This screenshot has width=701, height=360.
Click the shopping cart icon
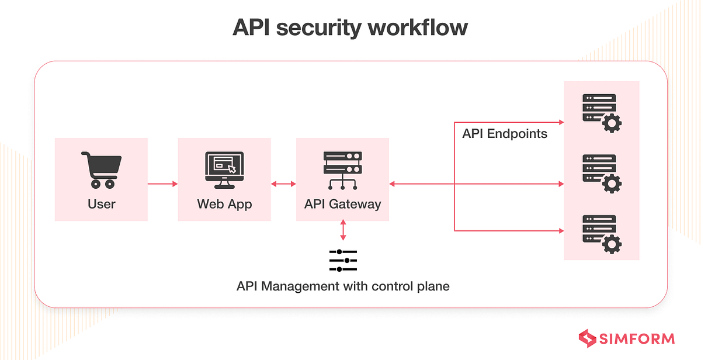point(101,170)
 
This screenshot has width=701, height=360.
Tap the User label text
point(101,204)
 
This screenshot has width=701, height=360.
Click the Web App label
point(224,204)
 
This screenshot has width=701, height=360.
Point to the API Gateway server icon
point(342,170)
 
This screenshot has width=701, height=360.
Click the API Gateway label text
point(342,204)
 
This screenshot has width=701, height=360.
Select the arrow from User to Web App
point(162,184)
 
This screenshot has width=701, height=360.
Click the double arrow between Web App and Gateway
point(283,184)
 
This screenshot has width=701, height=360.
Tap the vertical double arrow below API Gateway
point(343,230)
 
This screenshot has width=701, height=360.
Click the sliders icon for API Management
point(343,260)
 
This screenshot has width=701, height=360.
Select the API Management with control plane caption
point(343,287)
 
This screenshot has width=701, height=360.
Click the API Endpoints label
point(505,134)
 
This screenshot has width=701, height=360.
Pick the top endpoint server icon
point(601,112)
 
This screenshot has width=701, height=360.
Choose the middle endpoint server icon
point(601,173)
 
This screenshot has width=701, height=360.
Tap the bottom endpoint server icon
point(601,233)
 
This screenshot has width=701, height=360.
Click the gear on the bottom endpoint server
point(611,243)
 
